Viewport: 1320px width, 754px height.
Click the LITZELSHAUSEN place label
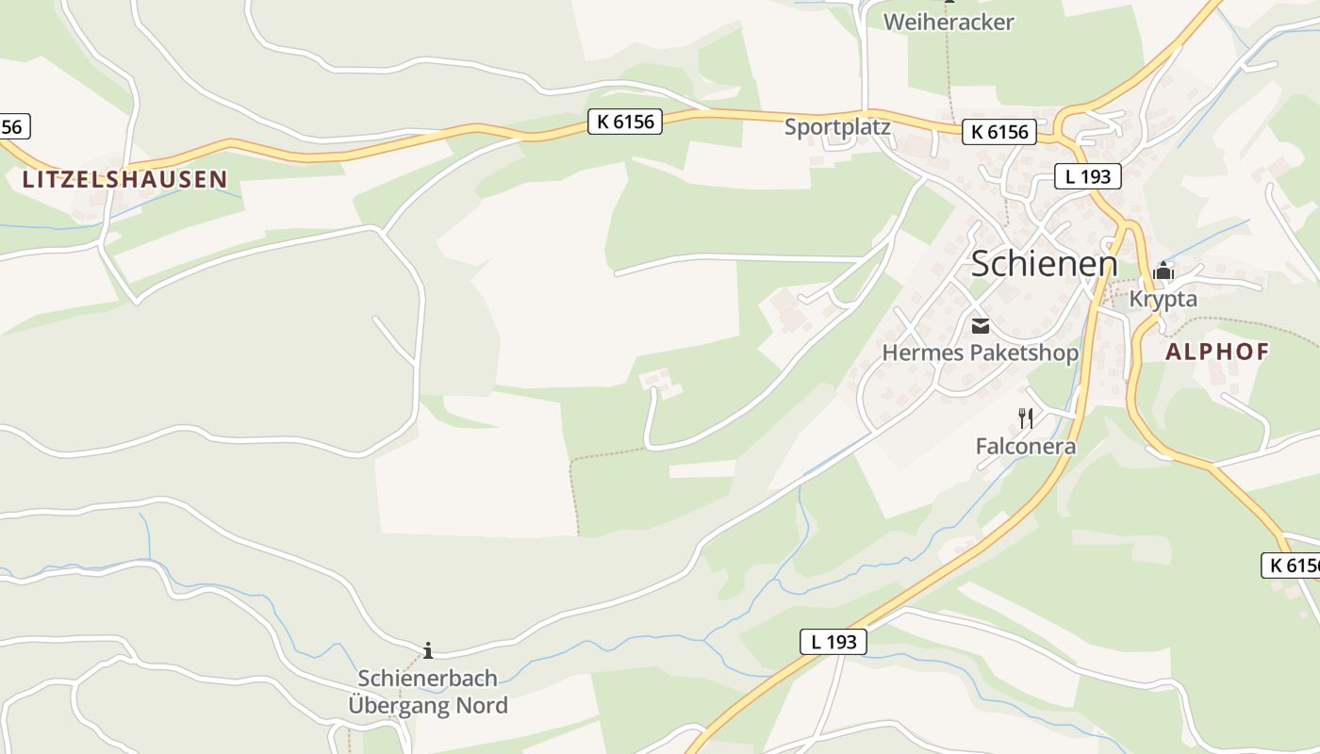point(124,179)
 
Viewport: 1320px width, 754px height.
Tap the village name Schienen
point(1044,264)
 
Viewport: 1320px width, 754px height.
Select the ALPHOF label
point(1217,352)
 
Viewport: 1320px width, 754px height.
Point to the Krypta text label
point(1163,299)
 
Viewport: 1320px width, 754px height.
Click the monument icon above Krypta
point(1163,272)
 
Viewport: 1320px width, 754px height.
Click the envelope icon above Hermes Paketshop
point(981,326)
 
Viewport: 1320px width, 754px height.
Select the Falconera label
point(1026,446)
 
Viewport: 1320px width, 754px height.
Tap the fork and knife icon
point(1026,418)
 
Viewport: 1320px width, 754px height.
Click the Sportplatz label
point(837,126)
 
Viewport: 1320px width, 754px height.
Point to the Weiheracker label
point(949,22)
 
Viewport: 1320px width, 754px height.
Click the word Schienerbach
point(427,678)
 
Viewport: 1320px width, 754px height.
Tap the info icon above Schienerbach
point(428,649)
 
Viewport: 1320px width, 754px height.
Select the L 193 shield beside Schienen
point(1087,175)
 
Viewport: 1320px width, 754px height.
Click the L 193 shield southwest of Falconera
point(833,642)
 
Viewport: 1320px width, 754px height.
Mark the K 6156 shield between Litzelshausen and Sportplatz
point(625,122)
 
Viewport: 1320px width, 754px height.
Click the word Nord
point(482,705)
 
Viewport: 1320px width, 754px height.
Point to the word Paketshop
point(1022,352)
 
